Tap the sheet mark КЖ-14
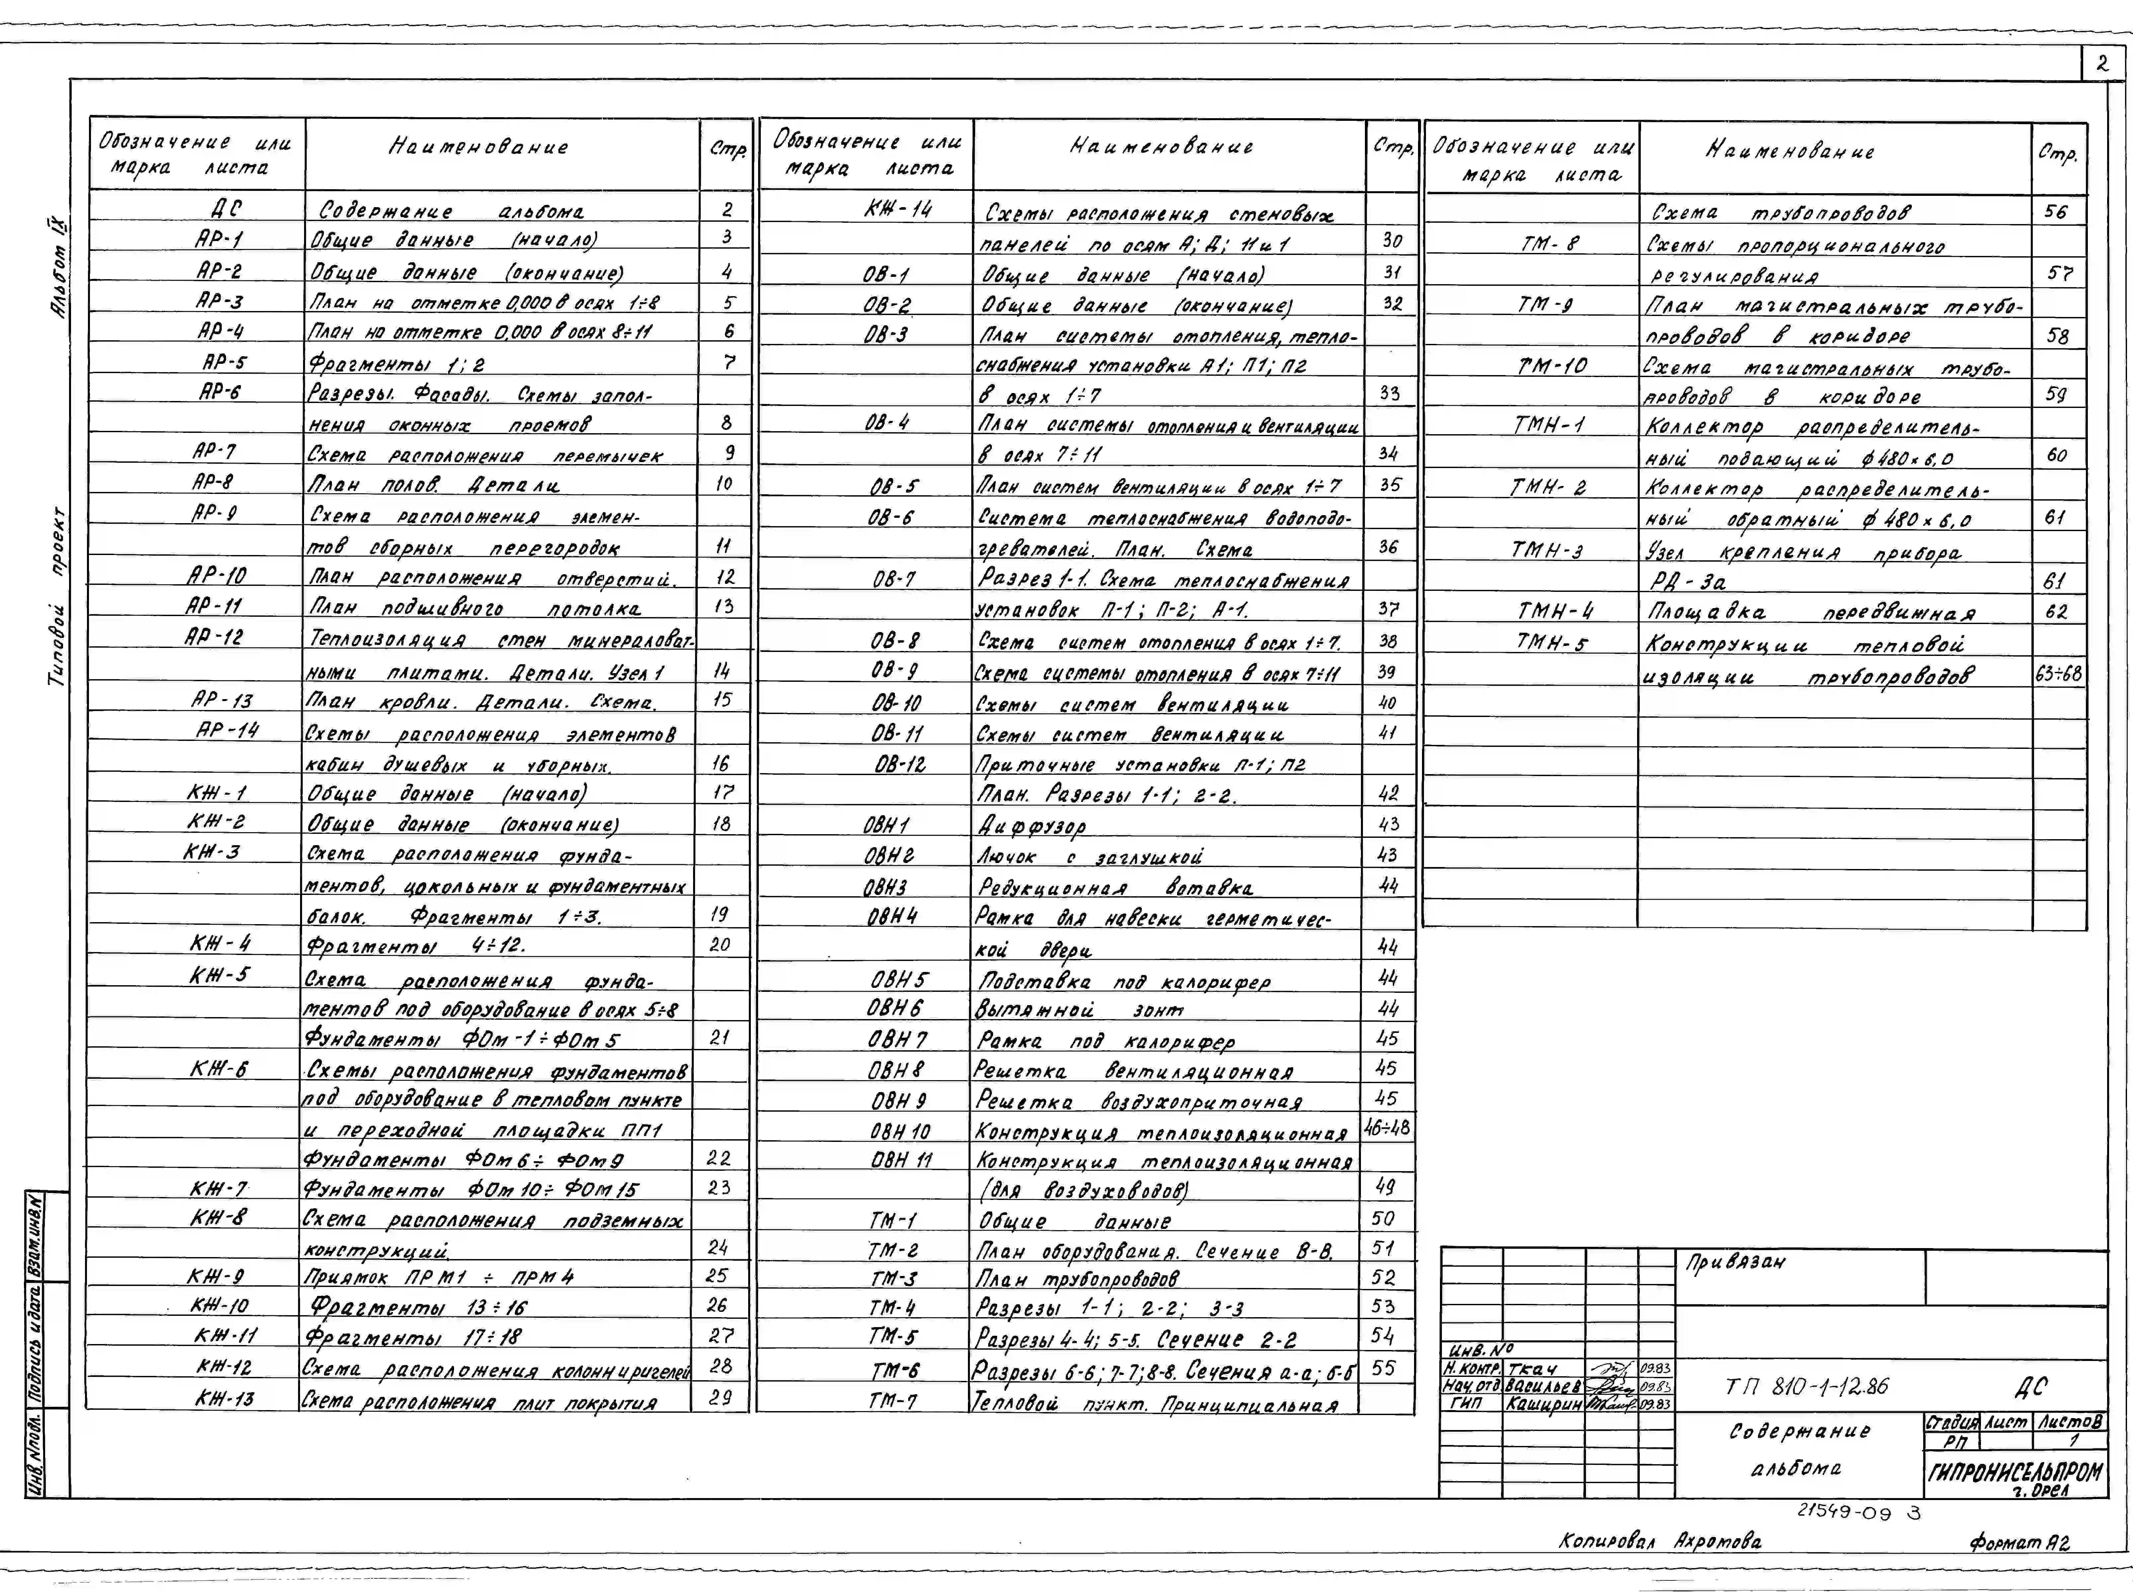[x=898, y=208]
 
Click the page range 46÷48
[x=1387, y=1127]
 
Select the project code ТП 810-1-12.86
[x=1806, y=1387]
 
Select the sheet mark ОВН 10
[x=900, y=1130]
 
